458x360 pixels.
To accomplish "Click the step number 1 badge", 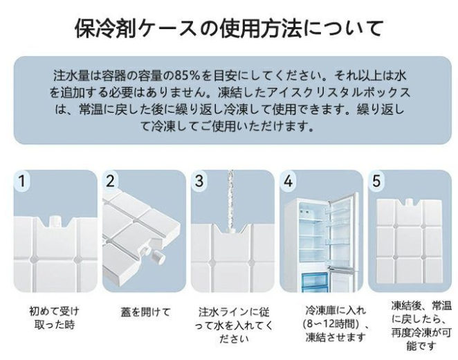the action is tap(22, 181).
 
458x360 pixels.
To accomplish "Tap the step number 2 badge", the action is tap(110, 181).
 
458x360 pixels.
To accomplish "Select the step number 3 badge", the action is tap(199, 181).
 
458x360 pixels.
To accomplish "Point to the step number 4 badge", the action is tap(288, 181).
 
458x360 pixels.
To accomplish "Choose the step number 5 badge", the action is tap(376, 181).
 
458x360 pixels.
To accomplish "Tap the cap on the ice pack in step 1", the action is tap(55, 221).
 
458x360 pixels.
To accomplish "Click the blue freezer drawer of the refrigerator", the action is tap(314, 281).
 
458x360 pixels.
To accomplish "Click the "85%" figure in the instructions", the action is tap(187, 76).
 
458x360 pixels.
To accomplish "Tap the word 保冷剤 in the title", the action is tap(105, 28).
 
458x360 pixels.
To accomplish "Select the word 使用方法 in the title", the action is tap(261, 28).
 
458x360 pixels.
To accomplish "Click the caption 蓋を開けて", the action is tap(145, 312).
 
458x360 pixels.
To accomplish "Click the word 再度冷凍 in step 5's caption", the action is tap(412, 333).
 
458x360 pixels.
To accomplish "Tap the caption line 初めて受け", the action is tap(55, 311).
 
